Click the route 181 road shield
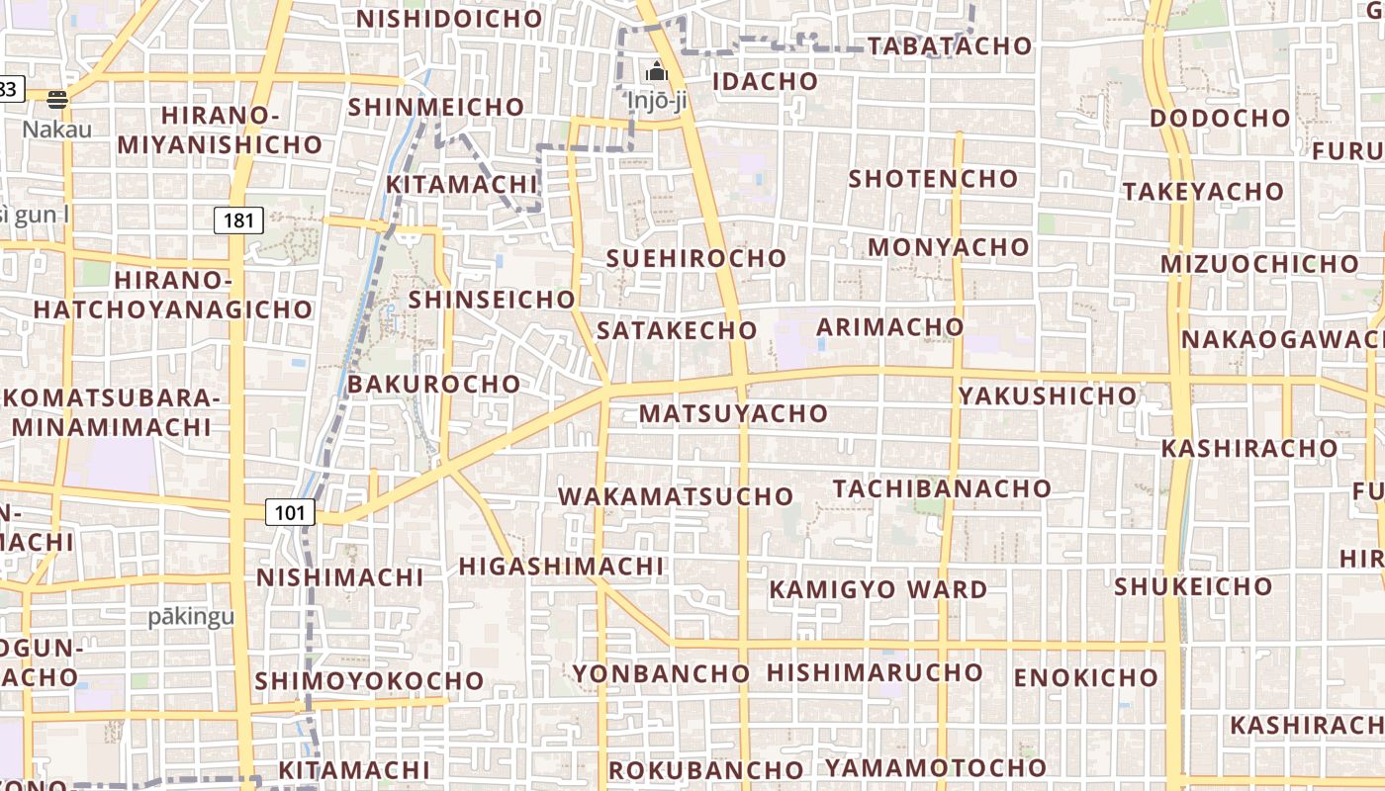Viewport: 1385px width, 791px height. tap(239, 220)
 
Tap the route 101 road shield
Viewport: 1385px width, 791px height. tap(290, 512)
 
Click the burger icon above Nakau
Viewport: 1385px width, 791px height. tap(57, 99)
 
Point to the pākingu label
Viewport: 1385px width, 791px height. tap(191, 617)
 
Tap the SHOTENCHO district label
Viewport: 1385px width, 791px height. tap(933, 179)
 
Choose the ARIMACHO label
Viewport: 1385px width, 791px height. tap(890, 326)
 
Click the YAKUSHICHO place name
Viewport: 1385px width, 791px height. tap(1048, 395)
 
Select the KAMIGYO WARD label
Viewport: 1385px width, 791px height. tap(878, 589)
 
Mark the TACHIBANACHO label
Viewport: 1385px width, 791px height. tap(942, 488)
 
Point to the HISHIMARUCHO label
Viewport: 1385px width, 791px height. tap(875, 672)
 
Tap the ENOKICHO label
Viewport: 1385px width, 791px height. tap(1085, 677)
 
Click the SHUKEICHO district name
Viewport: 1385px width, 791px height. tap(1193, 586)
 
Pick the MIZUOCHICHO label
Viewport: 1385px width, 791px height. tap(1259, 264)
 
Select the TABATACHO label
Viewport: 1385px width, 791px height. tap(950, 45)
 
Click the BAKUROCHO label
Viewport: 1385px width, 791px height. tap(434, 384)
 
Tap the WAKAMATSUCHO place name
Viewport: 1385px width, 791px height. tap(677, 496)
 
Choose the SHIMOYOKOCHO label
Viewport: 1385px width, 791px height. tap(369, 681)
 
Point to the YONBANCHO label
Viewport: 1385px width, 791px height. tap(662, 673)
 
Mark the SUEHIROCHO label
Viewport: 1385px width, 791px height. tap(696, 258)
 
